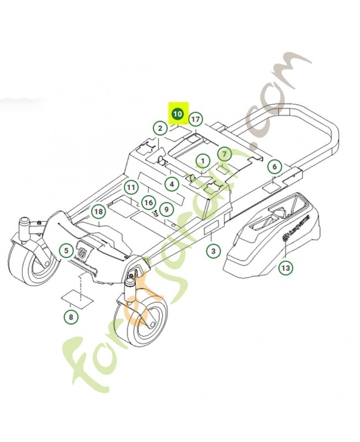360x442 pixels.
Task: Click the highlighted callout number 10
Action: point(177,114)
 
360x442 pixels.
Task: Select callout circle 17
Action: point(195,119)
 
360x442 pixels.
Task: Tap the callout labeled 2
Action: point(160,129)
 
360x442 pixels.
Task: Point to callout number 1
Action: point(203,161)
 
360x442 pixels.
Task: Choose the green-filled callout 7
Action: point(224,154)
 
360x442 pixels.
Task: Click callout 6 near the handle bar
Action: point(274,166)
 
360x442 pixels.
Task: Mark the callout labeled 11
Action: point(130,188)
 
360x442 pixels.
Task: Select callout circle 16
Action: point(148,203)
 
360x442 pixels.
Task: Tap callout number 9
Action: point(166,209)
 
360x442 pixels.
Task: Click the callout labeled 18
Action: point(98,212)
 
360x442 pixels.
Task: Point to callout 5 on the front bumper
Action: point(66,251)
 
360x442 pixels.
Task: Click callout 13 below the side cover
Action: point(285,268)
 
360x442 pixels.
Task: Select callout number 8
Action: point(71,317)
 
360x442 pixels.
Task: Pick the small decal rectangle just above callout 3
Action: point(213,230)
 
